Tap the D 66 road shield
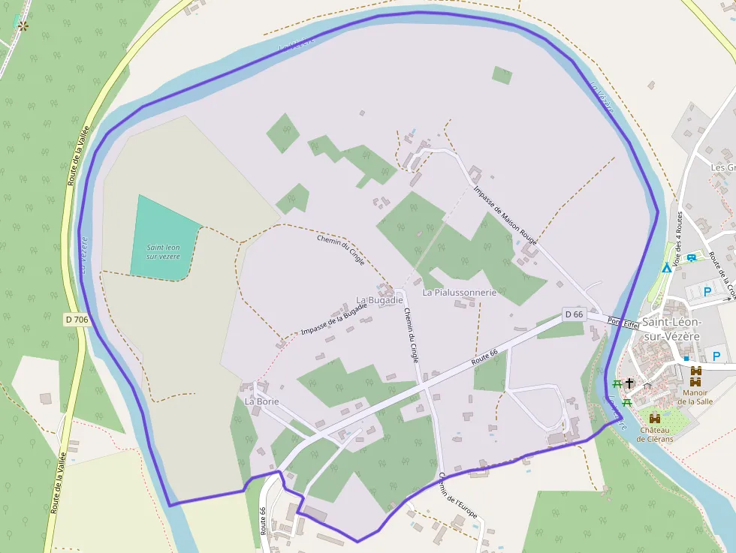pos(574,314)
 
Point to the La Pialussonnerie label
pos(460,293)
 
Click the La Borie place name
pos(261,401)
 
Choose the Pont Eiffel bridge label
pos(623,323)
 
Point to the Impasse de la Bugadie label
pos(334,320)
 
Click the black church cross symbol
pos(629,383)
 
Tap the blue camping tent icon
pos(666,268)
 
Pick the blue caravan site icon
pos(691,257)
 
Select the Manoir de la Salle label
pos(695,396)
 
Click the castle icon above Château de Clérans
pos(655,418)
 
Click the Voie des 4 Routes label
pos(678,239)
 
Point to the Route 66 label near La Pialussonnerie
pos(484,359)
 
